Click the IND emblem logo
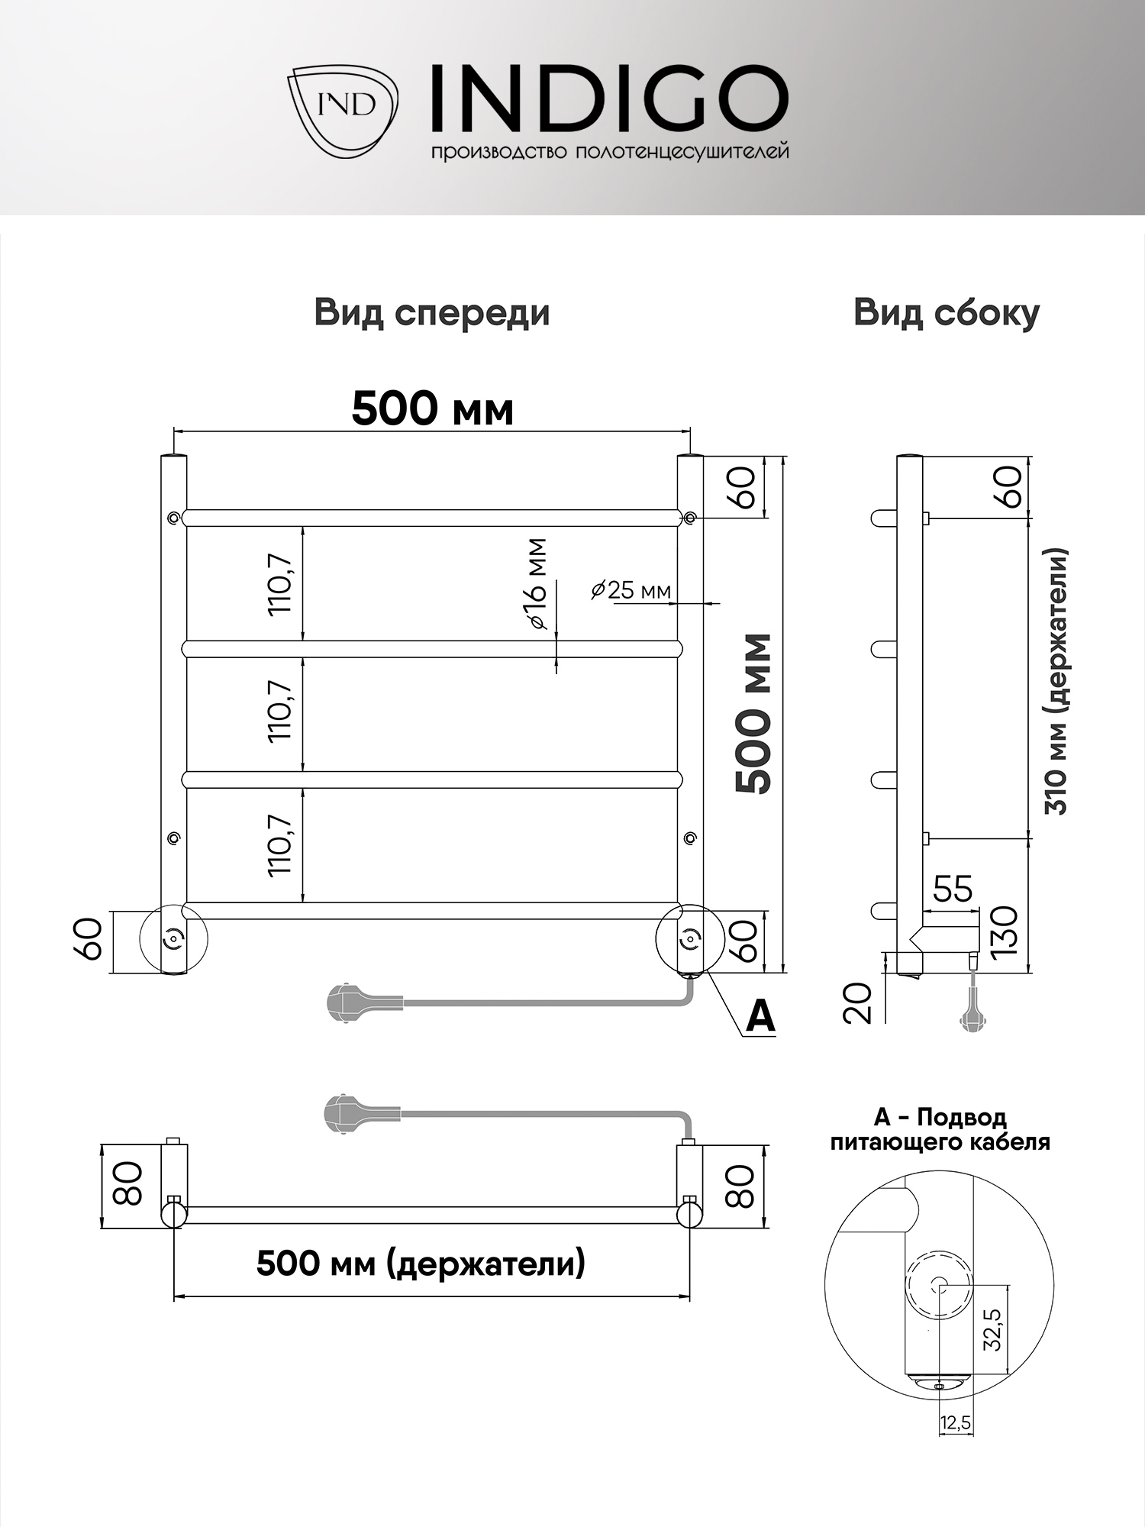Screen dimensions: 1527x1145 pyautogui.click(x=343, y=113)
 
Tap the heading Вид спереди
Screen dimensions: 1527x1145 pyautogui.click(x=432, y=313)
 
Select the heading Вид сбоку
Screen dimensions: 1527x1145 pyautogui.click(x=947, y=313)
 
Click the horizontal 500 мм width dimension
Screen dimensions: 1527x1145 pyautogui.click(x=432, y=410)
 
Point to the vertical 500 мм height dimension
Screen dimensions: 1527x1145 pyautogui.click(x=753, y=714)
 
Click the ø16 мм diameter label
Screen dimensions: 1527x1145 pyautogui.click(x=537, y=584)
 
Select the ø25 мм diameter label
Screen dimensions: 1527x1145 pyautogui.click(x=631, y=589)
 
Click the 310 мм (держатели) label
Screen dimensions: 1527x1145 pyautogui.click(x=1059, y=682)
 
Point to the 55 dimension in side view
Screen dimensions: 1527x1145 pyautogui.click(x=953, y=889)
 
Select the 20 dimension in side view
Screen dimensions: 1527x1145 pyautogui.click(x=860, y=1002)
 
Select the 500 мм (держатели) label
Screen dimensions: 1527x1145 pyautogui.click(x=421, y=1264)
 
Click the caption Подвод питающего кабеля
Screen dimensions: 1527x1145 pyautogui.click(x=940, y=1130)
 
